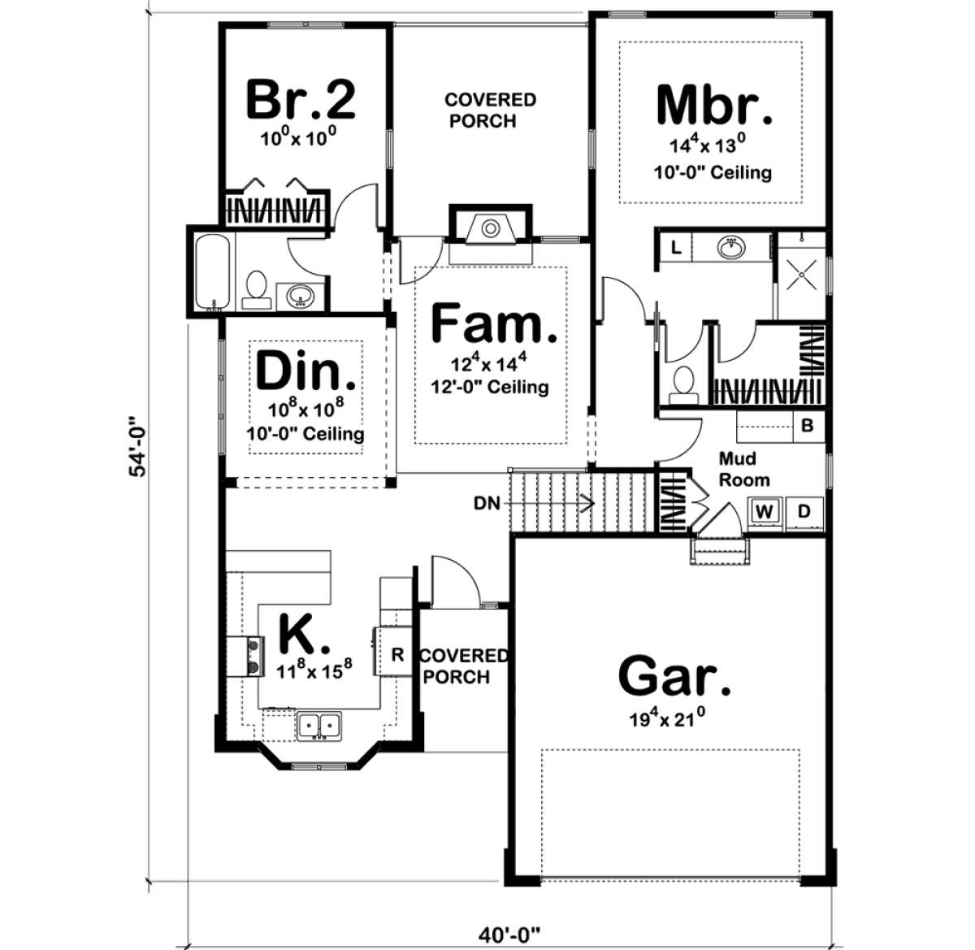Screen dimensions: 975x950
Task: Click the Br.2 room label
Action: click(301, 99)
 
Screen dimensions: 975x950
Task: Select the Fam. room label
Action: click(494, 323)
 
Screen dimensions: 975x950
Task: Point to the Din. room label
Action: click(305, 371)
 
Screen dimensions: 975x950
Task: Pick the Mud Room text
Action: click(743, 469)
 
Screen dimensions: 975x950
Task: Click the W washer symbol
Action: click(764, 512)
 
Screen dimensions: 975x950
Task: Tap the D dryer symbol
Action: click(804, 512)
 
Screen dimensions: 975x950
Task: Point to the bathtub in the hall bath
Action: click(212, 272)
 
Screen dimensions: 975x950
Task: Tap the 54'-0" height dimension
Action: click(138, 445)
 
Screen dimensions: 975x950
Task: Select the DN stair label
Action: click(487, 503)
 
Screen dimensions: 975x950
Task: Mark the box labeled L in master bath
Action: click(676, 247)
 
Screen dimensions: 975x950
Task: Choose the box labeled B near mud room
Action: click(807, 426)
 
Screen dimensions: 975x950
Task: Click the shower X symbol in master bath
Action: click(802, 275)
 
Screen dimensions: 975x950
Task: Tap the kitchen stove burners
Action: click(254, 657)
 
